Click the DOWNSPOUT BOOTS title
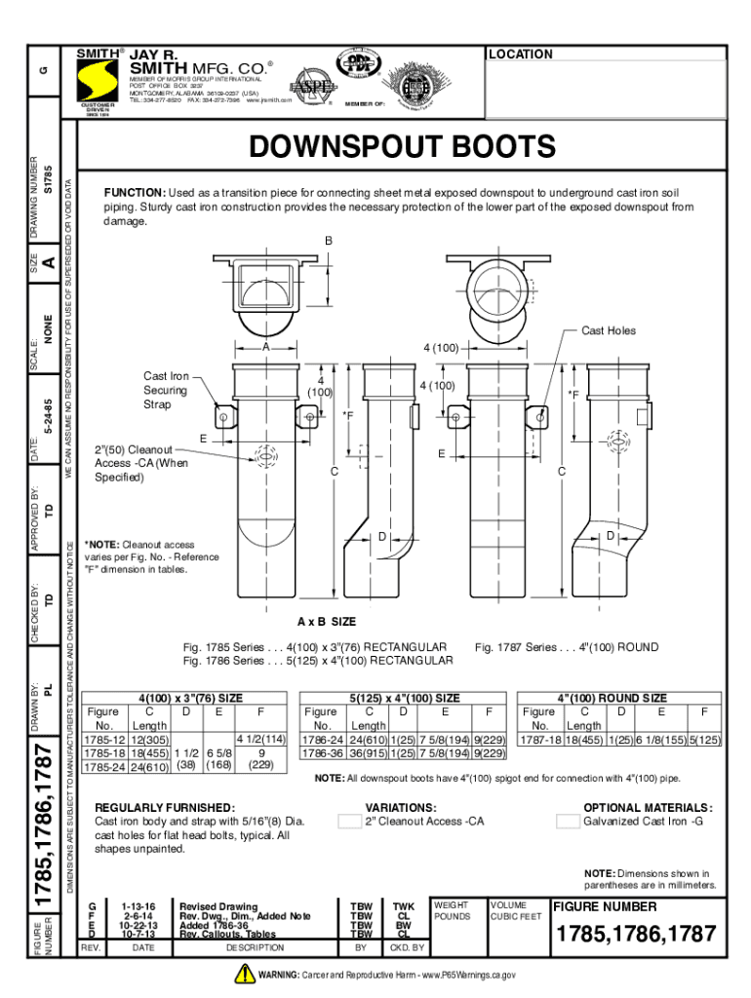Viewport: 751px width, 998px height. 401,147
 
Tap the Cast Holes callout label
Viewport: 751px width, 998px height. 608,330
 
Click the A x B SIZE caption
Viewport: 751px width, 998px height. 327,621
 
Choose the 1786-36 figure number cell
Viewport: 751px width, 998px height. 321,753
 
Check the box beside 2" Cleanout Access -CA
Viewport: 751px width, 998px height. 349,822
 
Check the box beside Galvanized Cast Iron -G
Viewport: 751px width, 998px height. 568,822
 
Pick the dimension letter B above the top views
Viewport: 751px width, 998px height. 330,241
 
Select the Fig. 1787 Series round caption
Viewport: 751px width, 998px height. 566,647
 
